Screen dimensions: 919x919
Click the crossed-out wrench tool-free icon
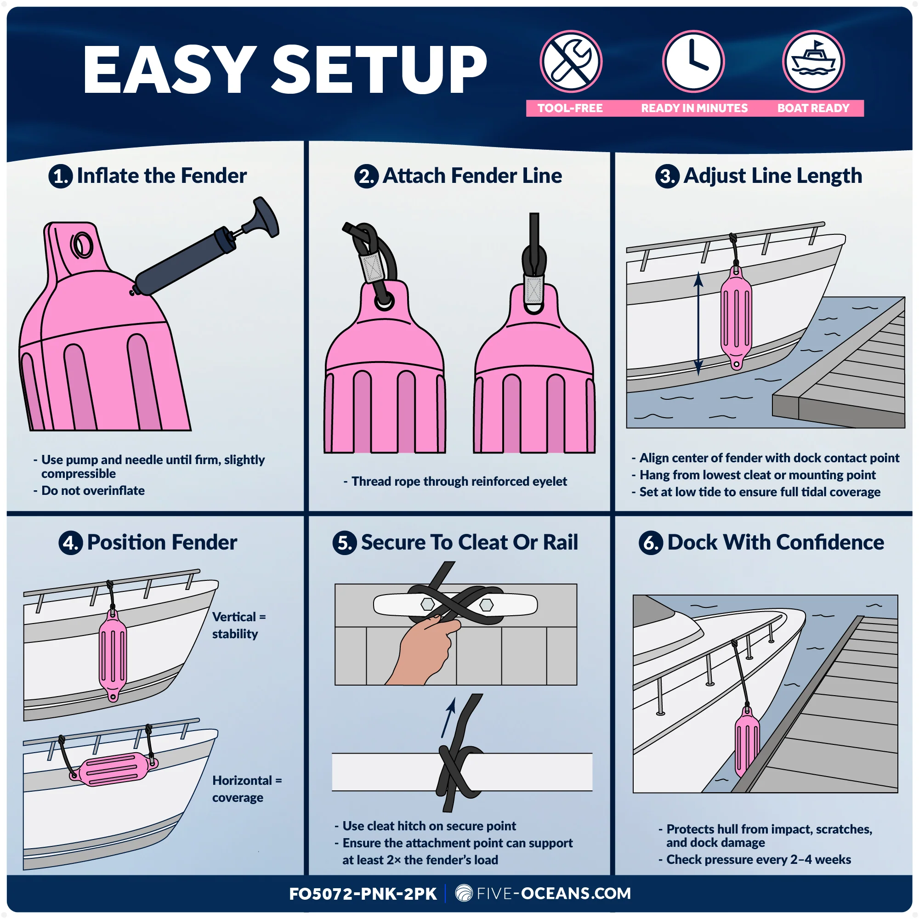[x=571, y=62]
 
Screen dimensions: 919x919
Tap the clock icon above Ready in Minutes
[x=693, y=62]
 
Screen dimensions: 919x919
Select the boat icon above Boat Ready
[x=813, y=62]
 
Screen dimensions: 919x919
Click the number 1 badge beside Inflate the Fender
[x=60, y=176]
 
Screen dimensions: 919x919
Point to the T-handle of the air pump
[x=266, y=216]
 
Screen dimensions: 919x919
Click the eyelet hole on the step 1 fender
[x=82, y=245]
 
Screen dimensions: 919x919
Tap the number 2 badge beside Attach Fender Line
[x=366, y=176]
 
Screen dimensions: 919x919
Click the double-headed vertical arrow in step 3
[x=698, y=323]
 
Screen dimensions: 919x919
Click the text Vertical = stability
[x=239, y=625]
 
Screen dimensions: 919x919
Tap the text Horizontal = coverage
[x=247, y=789]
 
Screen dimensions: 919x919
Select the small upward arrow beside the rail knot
[x=448, y=718]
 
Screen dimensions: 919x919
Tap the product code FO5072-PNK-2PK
[x=363, y=894]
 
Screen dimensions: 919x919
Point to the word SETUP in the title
[x=379, y=69]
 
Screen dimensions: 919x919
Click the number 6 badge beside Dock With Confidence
[x=651, y=543]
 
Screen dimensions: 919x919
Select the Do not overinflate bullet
[x=89, y=490]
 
